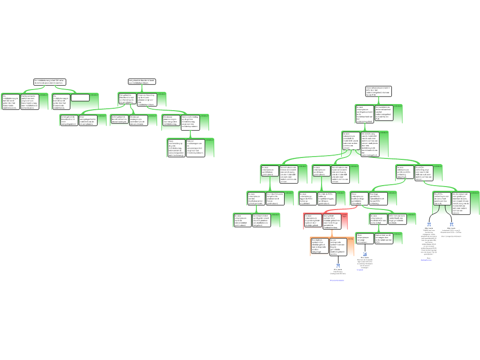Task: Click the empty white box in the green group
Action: (80, 97)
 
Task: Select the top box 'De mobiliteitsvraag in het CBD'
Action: (50, 82)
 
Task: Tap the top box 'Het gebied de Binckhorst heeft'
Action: (142, 81)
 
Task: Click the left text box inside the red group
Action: (313, 220)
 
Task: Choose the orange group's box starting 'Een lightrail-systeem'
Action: (319, 247)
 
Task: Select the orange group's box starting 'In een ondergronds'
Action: (338, 247)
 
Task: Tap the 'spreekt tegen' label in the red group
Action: (345, 216)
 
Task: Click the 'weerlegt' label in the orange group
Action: (350, 240)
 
